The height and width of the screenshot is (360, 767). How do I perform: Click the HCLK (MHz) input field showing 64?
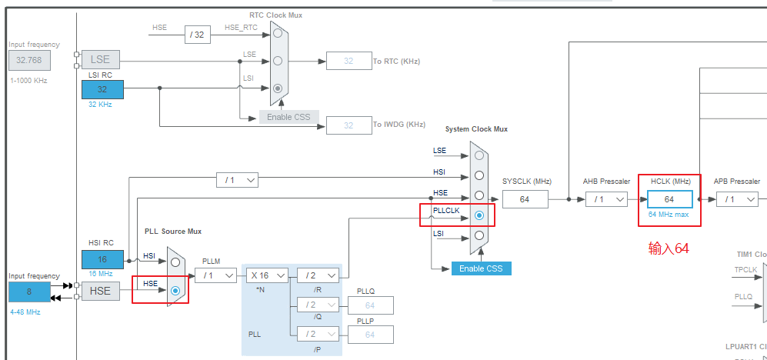pyautogui.click(x=669, y=199)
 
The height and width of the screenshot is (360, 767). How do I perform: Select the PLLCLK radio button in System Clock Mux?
pyautogui.click(x=479, y=215)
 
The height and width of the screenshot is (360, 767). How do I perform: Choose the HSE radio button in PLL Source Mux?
pyautogui.click(x=175, y=291)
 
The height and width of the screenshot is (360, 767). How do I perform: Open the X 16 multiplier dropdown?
pyautogui.click(x=267, y=275)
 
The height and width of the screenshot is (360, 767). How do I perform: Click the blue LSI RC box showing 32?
pyautogui.click(x=102, y=89)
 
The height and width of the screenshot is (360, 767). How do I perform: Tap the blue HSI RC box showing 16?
pyautogui.click(x=102, y=260)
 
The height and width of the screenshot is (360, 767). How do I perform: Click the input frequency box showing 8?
pyautogui.click(x=29, y=292)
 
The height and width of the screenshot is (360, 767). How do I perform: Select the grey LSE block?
pyautogui.click(x=100, y=59)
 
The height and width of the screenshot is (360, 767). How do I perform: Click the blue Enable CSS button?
pyautogui.click(x=482, y=268)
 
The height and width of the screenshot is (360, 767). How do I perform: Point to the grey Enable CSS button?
pyautogui.click(x=288, y=117)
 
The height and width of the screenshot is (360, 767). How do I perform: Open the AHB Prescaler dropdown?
pyautogui.click(x=605, y=199)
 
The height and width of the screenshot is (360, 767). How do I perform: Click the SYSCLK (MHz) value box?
pyautogui.click(x=525, y=199)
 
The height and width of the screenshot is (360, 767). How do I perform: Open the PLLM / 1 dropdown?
pyautogui.click(x=215, y=275)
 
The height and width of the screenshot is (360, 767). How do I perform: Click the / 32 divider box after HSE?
pyautogui.click(x=198, y=34)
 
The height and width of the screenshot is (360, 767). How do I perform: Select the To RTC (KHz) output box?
pyautogui.click(x=348, y=61)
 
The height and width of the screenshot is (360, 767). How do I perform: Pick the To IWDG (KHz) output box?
pyautogui.click(x=348, y=125)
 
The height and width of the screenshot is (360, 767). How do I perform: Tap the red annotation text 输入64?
pyautogui.click(x=669, y=248)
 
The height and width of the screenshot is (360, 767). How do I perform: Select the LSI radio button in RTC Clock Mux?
pyautogui.click(x=278, y=88)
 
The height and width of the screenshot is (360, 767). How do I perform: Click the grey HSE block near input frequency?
pyautogui.click(x=100, y=291)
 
